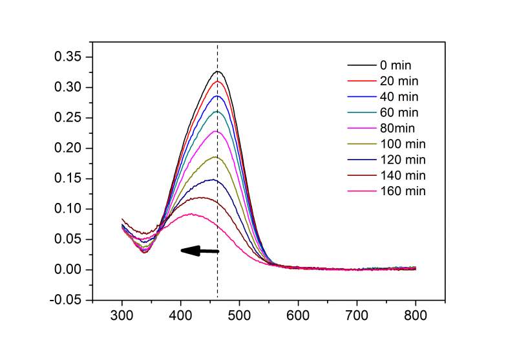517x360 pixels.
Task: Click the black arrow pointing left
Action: click(200, 251)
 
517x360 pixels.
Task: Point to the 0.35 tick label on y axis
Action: click(68, 57)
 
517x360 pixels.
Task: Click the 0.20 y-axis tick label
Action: click(68, 148)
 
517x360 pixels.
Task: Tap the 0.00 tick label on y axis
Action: click(68, 270)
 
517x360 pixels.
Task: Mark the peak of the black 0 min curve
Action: click(218, 71)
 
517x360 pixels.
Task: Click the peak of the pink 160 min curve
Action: click(191, 213)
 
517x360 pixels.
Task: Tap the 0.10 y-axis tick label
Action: click(68, 209)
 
